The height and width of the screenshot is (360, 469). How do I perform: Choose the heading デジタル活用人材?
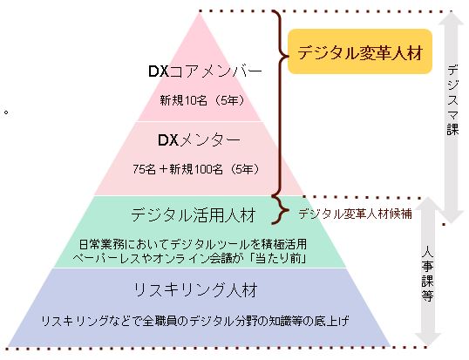(200, 214)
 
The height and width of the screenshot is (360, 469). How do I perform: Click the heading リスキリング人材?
(201, 288)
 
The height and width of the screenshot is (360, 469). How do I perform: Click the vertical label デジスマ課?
(451, 96)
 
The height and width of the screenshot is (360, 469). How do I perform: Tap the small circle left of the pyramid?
(6, 112)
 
